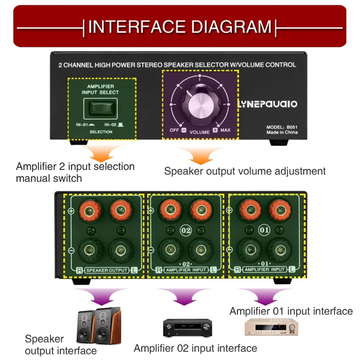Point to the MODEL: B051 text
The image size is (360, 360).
(x=282, y=127)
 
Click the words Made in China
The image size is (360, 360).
(x=282, y=133)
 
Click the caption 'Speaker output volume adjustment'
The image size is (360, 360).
(x=245, y=171)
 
